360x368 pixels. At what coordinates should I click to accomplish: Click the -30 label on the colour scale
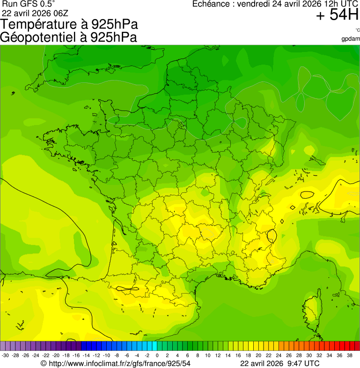[6, 355]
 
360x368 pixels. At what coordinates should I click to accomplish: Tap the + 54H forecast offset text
[337, 15]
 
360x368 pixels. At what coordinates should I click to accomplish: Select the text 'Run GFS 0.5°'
[29, 4]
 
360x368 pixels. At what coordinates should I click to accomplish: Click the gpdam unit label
[351, 38]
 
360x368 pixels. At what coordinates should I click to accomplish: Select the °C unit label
[357, 30]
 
